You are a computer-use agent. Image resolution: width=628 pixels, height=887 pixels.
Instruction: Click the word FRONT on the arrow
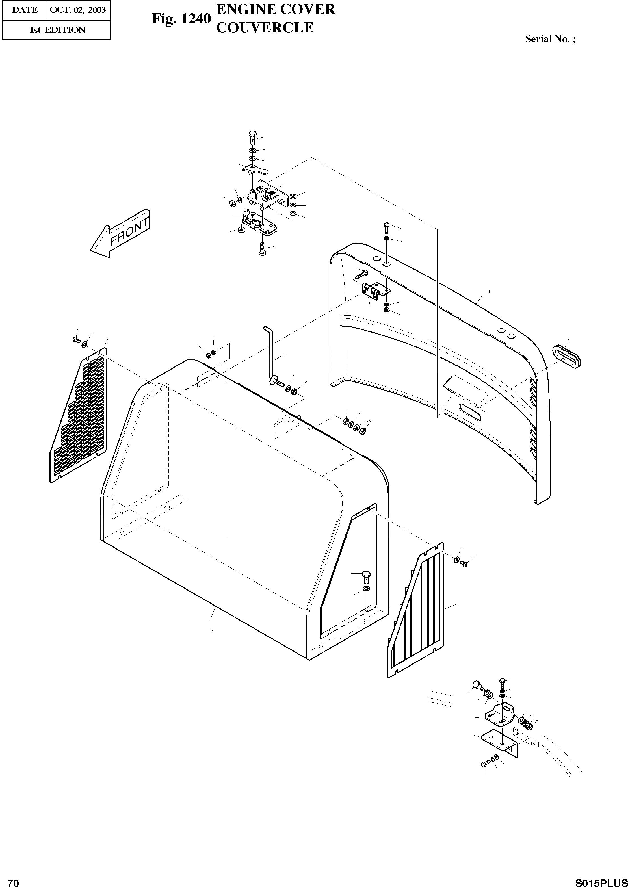(x=129, y=232)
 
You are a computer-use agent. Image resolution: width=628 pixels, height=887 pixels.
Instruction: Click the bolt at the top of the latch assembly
(x=252, y=137)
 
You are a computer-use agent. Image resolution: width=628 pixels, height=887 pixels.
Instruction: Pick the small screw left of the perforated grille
(x=75, y=339)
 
